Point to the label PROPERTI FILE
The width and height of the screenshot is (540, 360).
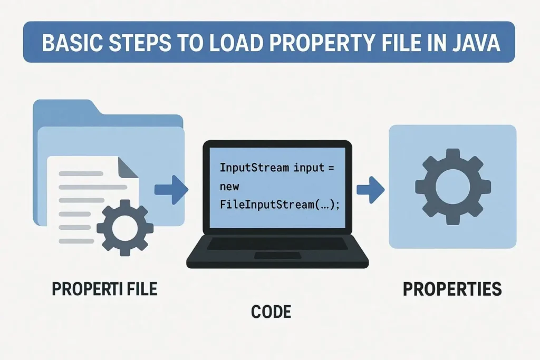(x=104, y=289)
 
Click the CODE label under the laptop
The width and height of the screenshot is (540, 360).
(x=271, y=312)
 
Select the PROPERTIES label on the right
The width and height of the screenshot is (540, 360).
(x=452, y=289)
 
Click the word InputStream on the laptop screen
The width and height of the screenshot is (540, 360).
(x=254, y=168)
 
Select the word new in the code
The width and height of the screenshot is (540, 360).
(x=229, y=187)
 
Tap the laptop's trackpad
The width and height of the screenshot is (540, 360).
(x=277, y=256)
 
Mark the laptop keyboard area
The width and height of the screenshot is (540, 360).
(x=277, y=244)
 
